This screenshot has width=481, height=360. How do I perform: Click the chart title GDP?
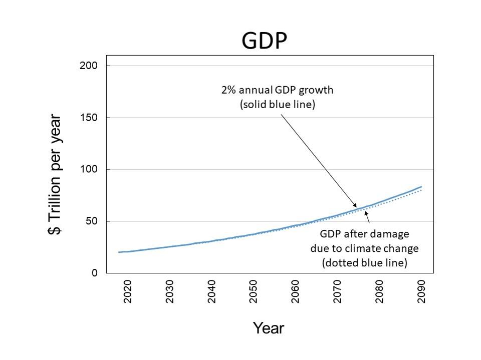264,41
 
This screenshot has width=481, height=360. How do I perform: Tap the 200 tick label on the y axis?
88,66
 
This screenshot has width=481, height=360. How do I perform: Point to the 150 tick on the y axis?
88,118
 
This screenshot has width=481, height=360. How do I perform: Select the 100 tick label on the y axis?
88,169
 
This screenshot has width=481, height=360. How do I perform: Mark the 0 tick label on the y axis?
94,273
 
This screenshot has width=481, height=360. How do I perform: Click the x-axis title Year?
269,328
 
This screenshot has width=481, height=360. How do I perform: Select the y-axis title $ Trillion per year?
56,175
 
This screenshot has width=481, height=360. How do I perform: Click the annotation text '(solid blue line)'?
278,105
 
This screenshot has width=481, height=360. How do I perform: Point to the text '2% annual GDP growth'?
277,91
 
